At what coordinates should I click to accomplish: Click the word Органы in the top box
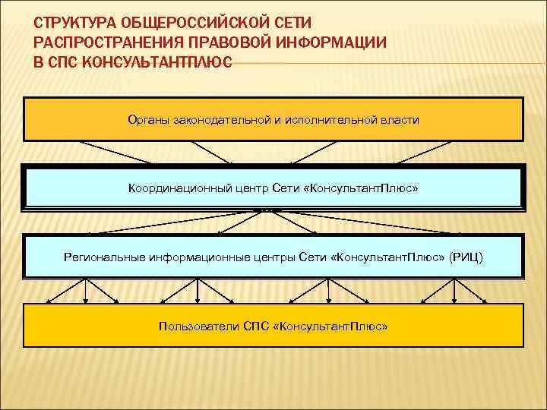pos(149,120)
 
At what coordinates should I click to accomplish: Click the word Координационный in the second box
pos(179,188)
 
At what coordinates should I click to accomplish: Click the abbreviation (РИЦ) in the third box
pos(465,257)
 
